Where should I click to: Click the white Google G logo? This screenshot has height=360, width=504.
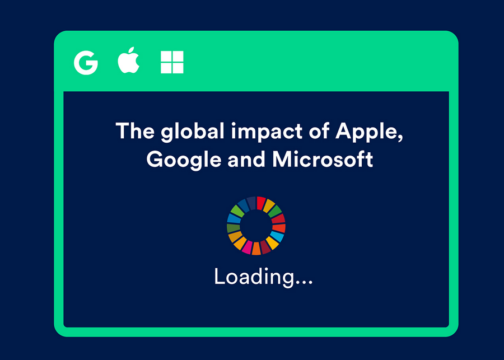pos(86,63)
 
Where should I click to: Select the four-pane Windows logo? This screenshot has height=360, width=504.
pos(172,62)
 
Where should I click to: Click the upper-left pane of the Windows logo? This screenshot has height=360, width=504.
pos(166,56)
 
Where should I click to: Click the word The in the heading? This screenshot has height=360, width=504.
pos(135,130)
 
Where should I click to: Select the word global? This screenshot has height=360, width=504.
pos(193,132)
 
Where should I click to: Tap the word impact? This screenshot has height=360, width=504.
pos(267,132)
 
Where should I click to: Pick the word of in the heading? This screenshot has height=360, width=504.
pos(319,130)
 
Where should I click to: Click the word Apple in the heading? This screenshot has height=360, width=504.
pos(368,132)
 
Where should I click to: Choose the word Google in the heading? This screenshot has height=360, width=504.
pos(184,160)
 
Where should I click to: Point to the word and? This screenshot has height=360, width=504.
pos(246,159)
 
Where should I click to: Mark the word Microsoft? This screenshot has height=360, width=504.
pos(323,159)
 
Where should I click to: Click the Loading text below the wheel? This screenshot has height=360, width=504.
pos(263,277)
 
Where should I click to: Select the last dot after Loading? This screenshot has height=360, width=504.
pos(310,283)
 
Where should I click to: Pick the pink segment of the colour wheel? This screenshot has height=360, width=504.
pos(247,247)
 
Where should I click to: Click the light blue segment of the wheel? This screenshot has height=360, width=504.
pos(277,236)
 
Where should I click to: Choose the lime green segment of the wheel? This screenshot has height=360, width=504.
pos(237,211)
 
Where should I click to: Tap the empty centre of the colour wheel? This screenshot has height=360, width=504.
pos(256,225)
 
